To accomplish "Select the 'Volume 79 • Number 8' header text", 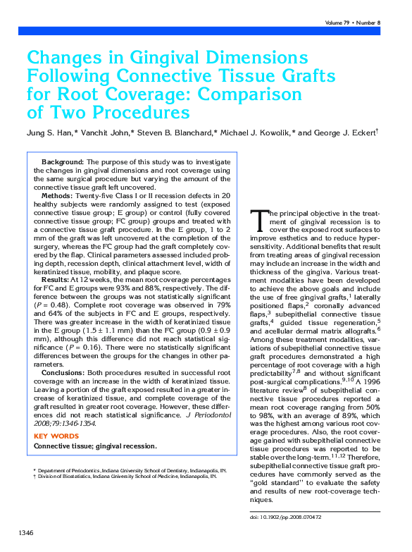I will point(353,23).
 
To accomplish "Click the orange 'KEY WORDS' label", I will point(56,436).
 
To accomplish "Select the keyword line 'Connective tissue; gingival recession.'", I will point(95,446).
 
